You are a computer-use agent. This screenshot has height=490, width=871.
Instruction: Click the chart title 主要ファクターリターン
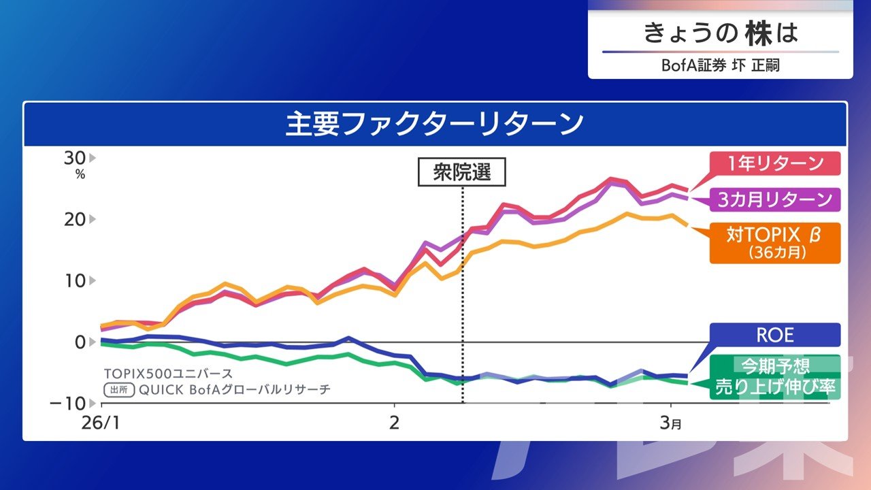(x=435, y=125)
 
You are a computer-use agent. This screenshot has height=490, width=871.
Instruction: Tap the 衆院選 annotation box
(x=462, y=173)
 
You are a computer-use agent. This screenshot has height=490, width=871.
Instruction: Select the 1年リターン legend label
(x=775, y=164)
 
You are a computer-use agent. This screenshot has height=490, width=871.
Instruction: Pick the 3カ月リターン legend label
(x=775, y=199)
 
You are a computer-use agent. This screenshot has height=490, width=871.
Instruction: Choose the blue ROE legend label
(x=775, y=335)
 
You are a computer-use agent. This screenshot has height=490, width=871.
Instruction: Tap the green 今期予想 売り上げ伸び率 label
(x=775, y=377)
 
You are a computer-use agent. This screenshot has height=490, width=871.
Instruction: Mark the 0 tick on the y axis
(x=80, y=342)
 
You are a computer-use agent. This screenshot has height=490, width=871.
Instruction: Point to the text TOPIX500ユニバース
(x=168, y=374)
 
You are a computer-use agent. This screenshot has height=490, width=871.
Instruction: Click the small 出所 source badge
(x=118, y=390)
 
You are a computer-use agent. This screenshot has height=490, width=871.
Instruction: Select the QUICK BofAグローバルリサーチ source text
(x=234, y=390)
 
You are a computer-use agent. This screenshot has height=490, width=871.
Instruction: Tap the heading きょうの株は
(x=720, y=33)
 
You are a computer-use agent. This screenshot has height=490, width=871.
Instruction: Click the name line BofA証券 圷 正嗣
(x=720, y=65)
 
